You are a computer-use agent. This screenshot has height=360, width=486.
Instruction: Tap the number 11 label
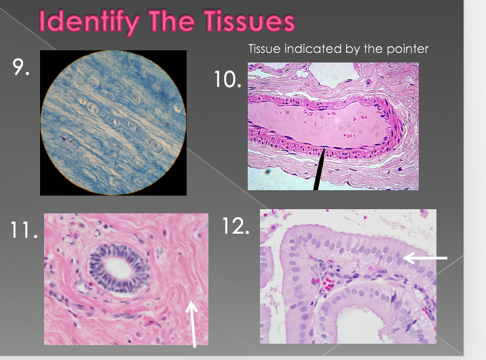pos(23,230)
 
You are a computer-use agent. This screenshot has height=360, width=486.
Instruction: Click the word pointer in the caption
pos(409,49)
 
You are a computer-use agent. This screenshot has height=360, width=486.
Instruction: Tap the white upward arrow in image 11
pos(192,323)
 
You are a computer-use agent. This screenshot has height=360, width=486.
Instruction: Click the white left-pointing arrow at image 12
pos(425,258)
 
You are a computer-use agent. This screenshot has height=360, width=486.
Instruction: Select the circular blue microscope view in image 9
pos(113,123)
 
